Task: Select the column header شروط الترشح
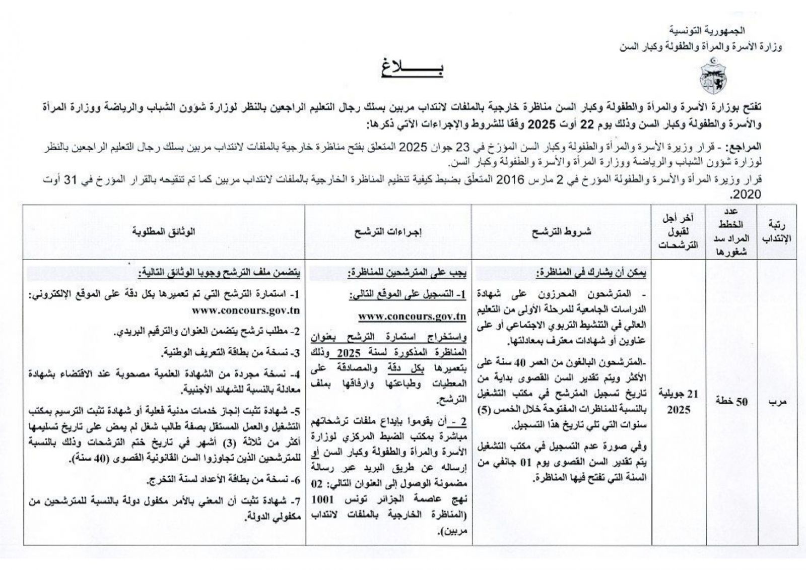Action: click(561, 232)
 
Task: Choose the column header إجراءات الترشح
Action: click(388, 232)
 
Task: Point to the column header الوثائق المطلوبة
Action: click(164, 232)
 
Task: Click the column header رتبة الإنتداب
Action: click(778, 232)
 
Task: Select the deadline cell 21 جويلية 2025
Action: click(679, 401)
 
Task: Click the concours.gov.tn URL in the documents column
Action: click(246, 310)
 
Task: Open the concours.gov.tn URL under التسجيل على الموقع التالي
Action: click(412, 316)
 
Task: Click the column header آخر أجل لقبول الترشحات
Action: click(679, 232)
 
